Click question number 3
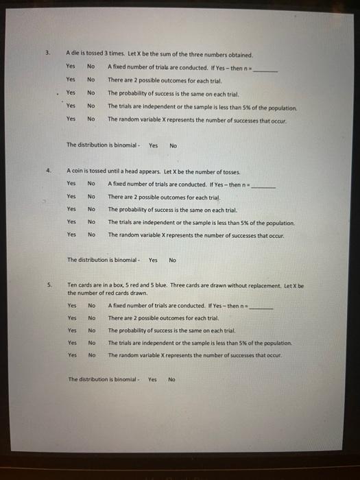point(48,53)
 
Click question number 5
point(49,285)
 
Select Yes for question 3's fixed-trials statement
point(71,67)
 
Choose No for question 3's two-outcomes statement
point(91,80)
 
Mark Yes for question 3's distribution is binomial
point(153,145)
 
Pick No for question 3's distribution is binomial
point(173,145)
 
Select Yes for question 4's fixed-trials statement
point(71,184)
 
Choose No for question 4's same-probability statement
point(91,209)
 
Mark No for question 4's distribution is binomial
point(172,260)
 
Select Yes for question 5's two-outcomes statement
point(72,318)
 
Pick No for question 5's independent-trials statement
point(91,342)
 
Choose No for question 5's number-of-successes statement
point(91,355)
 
